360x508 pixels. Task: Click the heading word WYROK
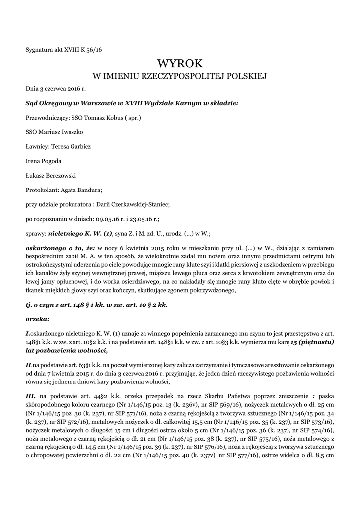[x=180, y=63]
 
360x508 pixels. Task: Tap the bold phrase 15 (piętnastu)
[x=313, y=342]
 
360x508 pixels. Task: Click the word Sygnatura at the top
[x=39, y=49]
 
